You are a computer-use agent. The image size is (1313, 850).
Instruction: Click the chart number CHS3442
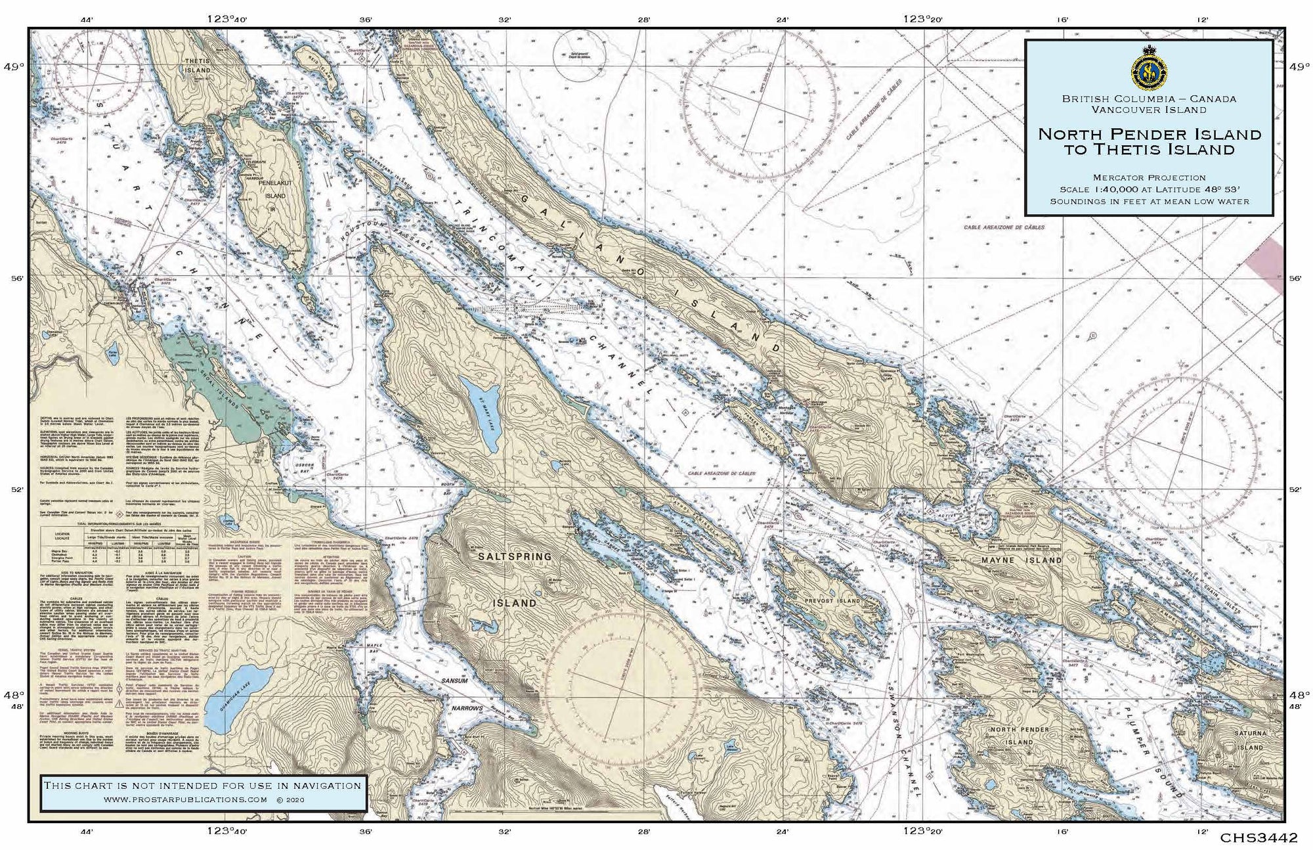tap(1259, 838)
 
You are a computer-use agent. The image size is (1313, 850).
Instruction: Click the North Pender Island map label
tap(1020, 736)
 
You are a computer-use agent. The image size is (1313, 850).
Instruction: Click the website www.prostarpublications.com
tap(185, 799)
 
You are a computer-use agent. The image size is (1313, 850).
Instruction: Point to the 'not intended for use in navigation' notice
tap(202, 785)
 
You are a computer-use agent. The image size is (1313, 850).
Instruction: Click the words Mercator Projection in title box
tap(1149, 177)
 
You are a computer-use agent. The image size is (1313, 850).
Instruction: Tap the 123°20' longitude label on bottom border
tap(923, 832)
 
